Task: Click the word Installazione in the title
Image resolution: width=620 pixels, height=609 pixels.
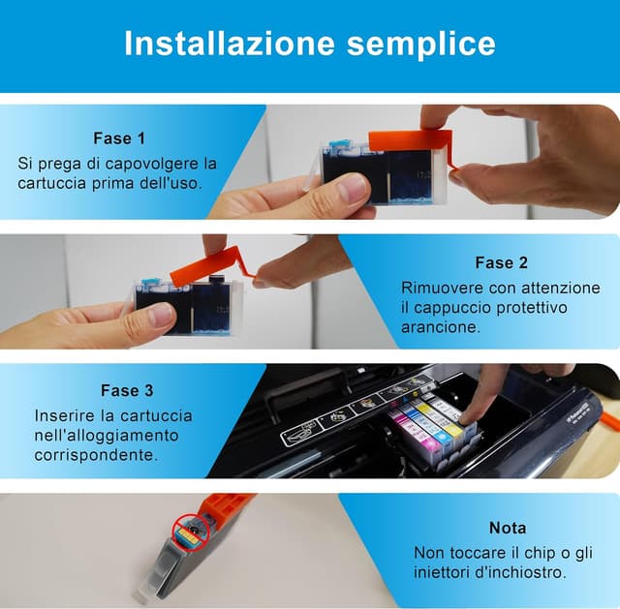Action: coord(230,43)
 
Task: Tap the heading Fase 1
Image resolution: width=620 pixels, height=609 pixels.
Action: coord(119,138)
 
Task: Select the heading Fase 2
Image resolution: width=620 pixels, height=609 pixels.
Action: coord(502,262)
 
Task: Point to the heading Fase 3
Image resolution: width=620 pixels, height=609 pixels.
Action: coord(127,390)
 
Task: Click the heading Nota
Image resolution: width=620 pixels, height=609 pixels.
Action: coord(508,528)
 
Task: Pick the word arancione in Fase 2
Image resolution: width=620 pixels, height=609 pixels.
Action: coord(441,327)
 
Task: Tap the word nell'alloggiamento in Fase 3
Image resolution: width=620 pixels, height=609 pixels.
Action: coord(107,436)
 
